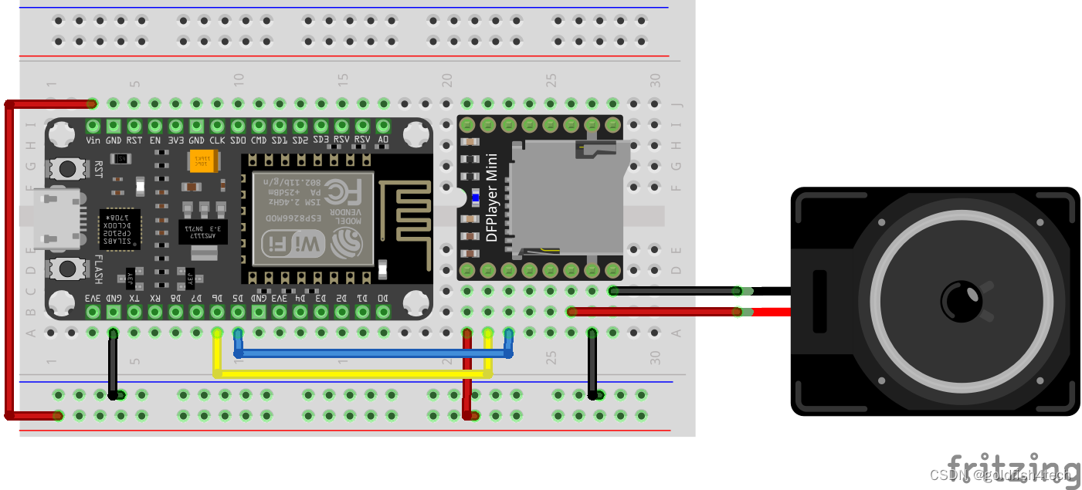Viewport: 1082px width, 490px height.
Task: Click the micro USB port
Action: coord(56,219)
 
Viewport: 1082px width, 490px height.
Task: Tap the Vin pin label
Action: coord(93,140)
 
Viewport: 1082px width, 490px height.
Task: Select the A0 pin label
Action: coord(383,140)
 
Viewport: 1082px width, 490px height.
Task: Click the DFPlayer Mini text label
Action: coord(492,198)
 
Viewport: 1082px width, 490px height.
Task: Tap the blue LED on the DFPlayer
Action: coord(475,198)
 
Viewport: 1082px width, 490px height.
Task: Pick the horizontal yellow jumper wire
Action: coord(352,374)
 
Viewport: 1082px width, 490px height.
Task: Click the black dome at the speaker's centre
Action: coord(961,301)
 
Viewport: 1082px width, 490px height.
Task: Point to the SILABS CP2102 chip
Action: coord(120,228)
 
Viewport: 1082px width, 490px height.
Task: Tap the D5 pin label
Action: coord(238,297)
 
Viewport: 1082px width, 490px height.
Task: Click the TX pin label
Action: coord(134,297)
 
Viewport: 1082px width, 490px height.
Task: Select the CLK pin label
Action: coord(217,140)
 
